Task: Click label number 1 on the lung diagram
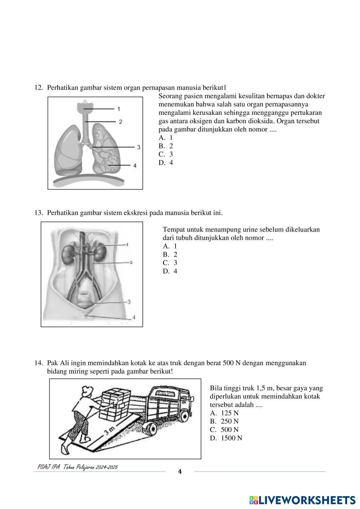119,109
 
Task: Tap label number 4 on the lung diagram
135,166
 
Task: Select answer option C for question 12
166,154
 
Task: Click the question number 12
39,88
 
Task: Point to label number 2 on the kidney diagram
131,262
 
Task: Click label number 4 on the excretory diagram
134,317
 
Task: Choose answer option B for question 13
170,255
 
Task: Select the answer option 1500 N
226,438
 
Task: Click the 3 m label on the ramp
110,430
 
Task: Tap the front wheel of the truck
150,429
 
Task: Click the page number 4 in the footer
180,472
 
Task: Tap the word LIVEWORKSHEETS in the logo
307,500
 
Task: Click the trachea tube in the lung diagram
85,128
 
